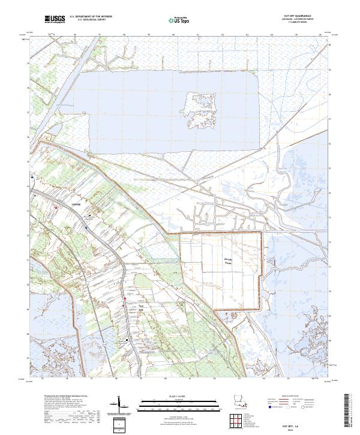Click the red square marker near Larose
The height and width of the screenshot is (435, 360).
[x=56, y=208]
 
